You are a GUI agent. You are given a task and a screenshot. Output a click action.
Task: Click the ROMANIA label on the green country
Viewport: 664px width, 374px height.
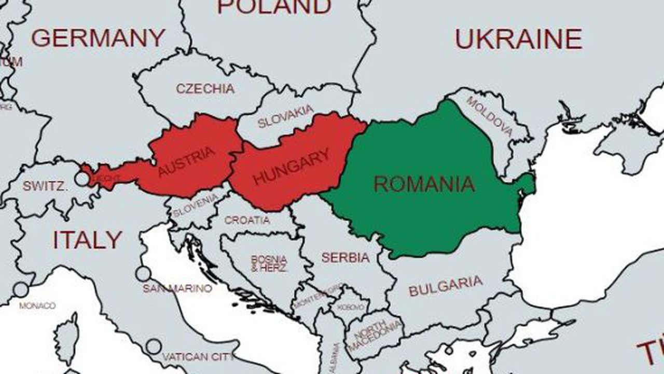tap(424, 184)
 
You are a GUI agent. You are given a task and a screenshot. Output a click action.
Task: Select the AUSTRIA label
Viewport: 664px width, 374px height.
tap(186, 162)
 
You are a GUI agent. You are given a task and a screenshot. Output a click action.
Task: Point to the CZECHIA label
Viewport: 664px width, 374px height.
tap(205, 88)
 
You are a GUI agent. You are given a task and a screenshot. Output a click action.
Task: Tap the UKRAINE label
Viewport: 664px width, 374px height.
tap(518, 39)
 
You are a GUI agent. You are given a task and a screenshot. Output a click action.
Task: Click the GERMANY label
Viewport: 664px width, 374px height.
tap(98, 38)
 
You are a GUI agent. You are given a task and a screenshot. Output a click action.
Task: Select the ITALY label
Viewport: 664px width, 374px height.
tap(87, 239)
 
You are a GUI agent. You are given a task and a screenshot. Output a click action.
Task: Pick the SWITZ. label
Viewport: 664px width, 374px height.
tap(45, 186)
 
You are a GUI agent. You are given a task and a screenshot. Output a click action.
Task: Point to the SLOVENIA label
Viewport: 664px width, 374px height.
tap(196, 206)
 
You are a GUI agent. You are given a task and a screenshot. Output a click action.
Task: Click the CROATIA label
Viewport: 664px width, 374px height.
tap(247, 220)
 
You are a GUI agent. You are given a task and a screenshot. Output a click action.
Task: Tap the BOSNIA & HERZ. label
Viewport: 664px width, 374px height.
tap(269, 263)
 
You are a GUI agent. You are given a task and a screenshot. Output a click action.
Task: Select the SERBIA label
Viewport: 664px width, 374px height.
tap(345, 257)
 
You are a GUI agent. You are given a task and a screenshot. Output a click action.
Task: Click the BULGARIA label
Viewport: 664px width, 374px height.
tap(445, 286)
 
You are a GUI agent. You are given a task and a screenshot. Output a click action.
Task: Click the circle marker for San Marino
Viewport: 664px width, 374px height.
tap(143, 274)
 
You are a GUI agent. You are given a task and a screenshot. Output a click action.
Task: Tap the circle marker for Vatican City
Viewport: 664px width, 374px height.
tap(154, 346)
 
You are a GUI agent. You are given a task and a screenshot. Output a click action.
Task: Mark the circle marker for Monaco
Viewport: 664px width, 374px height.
tap(21, 289)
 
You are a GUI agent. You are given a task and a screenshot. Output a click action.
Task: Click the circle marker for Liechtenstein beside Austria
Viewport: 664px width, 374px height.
tap(82, 179)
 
